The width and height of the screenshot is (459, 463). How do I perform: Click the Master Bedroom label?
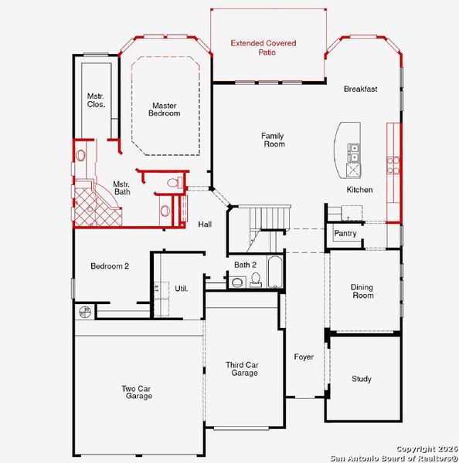pos(165,110)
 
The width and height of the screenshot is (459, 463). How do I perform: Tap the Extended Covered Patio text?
pos(263,49)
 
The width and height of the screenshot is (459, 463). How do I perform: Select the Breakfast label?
pos(360,89)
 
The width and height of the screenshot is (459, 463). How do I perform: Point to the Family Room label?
pos(274,140)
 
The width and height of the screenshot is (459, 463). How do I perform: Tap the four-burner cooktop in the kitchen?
pos(393,164)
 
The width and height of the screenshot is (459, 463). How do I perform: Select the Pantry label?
pos(345,233)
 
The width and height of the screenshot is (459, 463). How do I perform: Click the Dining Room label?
pos(362,291)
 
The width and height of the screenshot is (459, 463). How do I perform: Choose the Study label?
pos(361,379)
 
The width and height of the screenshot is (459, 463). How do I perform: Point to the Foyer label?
pos(304,357)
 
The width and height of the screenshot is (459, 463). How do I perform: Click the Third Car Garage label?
pos(241,369)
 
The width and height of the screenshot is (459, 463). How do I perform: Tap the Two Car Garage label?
pos(136,392)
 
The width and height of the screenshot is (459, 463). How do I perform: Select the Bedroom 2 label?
pos(109,266)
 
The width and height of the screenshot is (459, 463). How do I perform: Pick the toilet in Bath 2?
pos(255,279)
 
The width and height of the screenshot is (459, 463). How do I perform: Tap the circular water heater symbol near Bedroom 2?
pos(84,312)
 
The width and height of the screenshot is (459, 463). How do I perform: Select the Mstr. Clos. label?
pos(96,100)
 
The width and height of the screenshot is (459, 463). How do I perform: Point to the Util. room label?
pos(182,287)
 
